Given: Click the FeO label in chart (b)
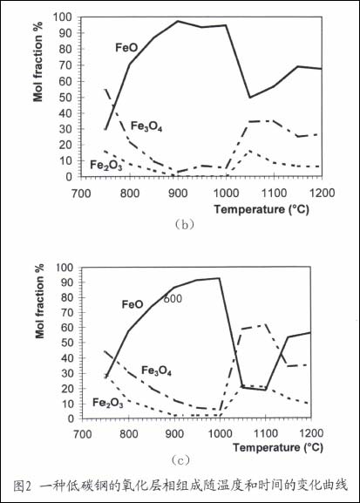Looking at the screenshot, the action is coord(126,48).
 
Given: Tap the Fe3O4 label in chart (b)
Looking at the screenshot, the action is coord(146,126).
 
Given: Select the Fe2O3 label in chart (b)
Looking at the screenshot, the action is coord(105,166).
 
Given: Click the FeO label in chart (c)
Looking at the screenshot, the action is coord(132,304).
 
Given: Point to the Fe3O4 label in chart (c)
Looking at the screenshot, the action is coord(157,370).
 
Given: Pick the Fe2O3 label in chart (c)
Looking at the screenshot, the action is coord(108,403).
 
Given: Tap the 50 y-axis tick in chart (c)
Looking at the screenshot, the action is coord(67,343).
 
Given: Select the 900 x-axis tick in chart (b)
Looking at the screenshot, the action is coord(178,194).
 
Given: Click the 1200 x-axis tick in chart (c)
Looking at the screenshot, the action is coord(311,433).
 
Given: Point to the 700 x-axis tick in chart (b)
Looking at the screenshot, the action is coord(81,194).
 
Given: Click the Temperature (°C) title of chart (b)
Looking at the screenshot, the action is coord(262,209).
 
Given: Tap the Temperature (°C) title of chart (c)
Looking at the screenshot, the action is coord(278,447).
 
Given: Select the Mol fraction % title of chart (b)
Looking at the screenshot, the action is coord(37,62).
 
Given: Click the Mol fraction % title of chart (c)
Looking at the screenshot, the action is coord(39,302).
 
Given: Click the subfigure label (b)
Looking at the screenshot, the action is coord(184,224).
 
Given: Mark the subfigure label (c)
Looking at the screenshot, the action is coord(180,460).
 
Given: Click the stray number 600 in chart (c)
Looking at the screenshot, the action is coord(173,299).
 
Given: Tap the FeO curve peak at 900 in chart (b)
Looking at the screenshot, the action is coord(178,21).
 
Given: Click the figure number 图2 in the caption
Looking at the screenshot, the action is coord(23,486).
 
